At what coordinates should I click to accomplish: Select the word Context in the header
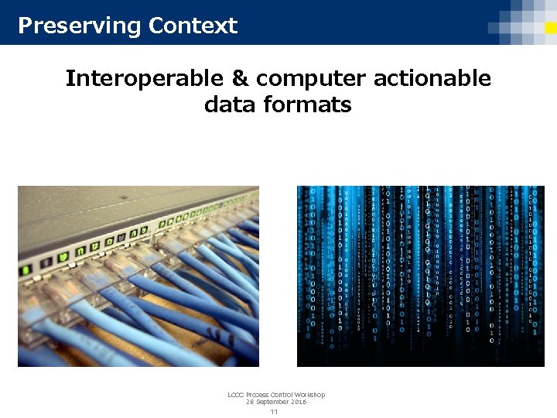coord(193,26)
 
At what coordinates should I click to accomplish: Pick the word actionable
coord(432,78)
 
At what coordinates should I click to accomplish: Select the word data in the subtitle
coord(230,104)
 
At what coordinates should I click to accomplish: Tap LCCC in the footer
coord(236,395)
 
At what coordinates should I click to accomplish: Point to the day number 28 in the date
coord(250,403)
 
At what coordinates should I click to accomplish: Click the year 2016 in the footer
coord(299,403)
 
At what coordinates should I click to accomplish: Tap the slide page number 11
coord(274,412)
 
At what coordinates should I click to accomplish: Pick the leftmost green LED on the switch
coord(26,271)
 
